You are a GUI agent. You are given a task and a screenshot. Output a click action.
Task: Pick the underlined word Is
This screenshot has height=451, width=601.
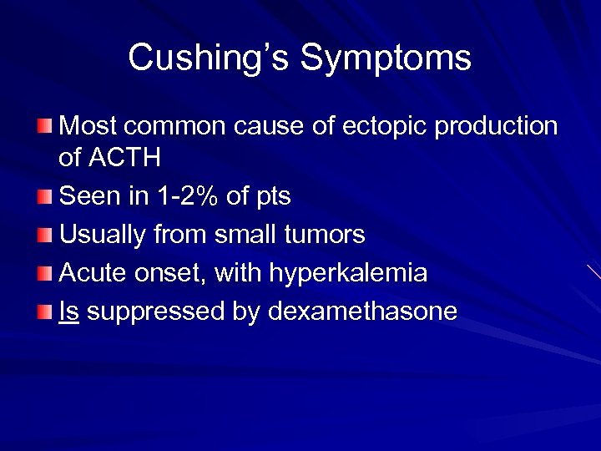69,312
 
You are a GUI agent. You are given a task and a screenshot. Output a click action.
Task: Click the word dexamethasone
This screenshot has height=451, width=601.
364,312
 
